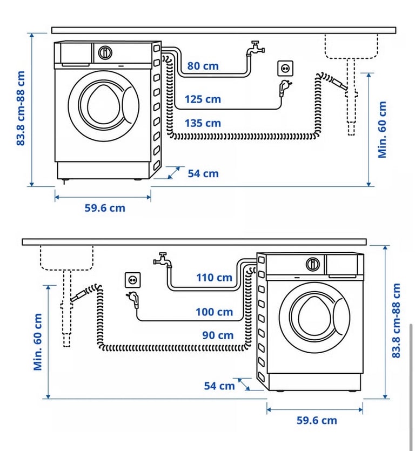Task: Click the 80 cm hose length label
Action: pos(203,66)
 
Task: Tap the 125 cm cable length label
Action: pos(203,99)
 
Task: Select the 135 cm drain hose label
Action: pos(203,123)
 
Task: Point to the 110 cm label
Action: pos(214,278)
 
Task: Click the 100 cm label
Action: pos(214,312)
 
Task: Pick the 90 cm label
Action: pos(218,335)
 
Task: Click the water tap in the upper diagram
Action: pos(255,48)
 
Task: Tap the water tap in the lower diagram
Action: pos(163,260)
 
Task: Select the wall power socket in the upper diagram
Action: pos(285,69)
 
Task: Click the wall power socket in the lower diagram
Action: pos(133,280)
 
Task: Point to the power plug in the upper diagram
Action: pos(284,87)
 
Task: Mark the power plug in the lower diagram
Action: pos(133,299)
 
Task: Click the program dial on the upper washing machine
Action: pos(105,52)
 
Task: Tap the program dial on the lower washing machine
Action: pos(312,264)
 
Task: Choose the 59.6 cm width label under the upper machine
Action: pos(105,208)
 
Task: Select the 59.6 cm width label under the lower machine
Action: pos(317,421)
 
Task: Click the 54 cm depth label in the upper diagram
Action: pos(203,174)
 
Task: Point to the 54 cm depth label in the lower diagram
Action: pos(219,386)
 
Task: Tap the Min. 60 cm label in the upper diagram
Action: pos(382,130)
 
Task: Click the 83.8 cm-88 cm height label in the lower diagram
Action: pos(396,320)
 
